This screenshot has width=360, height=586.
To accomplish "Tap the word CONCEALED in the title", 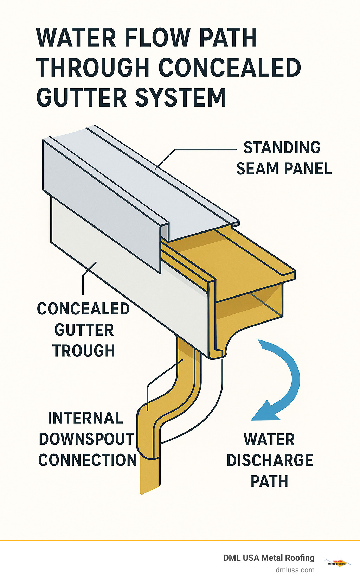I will click(230, 68).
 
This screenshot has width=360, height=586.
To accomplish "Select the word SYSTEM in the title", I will click(181, 97).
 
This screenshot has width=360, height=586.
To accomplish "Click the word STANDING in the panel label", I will click(282, 147).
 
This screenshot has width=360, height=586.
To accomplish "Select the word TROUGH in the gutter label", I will click(84, 351).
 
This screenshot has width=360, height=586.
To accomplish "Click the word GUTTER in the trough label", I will click(84, 330).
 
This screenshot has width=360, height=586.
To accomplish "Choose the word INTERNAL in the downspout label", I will click(85, 418).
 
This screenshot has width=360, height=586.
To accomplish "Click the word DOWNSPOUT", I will click(86, 439).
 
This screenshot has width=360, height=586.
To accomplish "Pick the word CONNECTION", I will click(88, 460).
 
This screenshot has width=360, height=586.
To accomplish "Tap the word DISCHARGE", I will click(270, 460).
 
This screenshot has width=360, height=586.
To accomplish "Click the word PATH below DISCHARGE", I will click(269, 481).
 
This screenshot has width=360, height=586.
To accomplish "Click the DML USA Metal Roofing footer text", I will click(269, 558).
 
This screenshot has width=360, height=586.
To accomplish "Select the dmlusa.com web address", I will click(295, 570).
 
